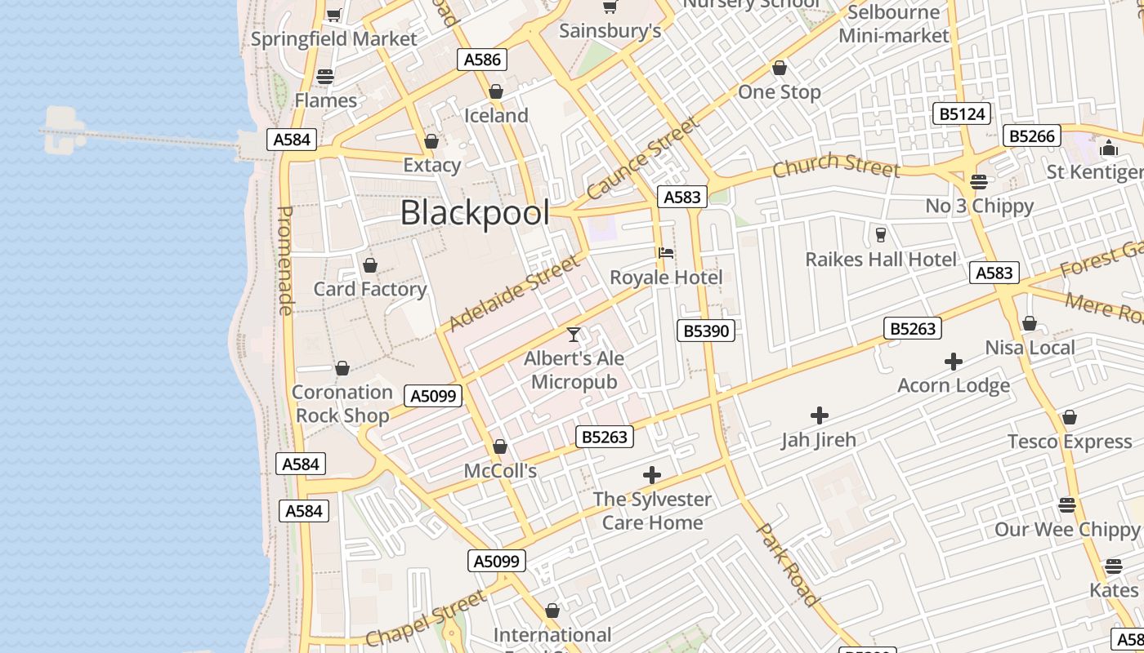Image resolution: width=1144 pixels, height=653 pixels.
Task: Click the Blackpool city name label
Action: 475,213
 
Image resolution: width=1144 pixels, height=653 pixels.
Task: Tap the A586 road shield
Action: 482,60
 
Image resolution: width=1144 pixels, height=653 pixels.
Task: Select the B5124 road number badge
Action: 962,114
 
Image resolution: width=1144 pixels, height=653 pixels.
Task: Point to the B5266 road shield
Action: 1031,136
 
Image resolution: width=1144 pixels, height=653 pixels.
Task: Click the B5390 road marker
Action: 706,331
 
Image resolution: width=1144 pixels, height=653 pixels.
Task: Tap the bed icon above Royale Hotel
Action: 666,253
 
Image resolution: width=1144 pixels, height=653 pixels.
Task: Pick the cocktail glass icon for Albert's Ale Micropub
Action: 574,335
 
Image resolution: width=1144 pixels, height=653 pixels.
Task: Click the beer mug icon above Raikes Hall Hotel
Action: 880,235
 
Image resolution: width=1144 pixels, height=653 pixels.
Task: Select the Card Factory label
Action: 370,289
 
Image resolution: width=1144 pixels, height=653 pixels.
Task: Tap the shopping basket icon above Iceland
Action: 496,91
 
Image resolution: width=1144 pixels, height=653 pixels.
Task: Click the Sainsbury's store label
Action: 610,31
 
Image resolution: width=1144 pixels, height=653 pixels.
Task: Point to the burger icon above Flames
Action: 325,77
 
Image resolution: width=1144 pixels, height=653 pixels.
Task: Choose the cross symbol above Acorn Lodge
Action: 953,361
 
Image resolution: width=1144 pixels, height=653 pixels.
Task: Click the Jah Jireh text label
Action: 819,440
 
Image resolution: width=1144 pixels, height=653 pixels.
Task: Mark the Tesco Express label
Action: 1070,442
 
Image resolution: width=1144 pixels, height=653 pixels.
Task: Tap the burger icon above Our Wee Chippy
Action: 1066,504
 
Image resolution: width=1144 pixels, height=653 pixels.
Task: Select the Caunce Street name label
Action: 643,158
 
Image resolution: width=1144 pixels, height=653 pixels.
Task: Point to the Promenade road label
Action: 284,260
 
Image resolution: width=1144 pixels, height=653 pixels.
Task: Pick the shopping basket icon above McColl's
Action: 500,446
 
